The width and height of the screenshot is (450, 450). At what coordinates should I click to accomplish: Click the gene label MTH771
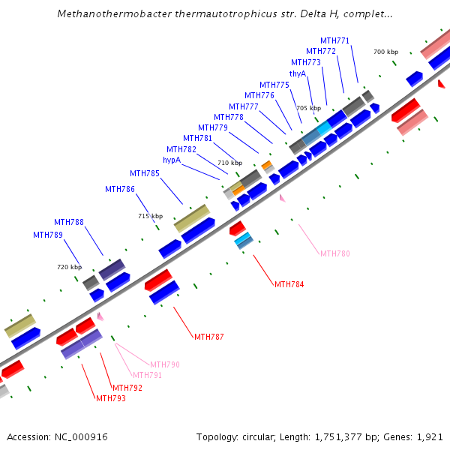tap(334, 40)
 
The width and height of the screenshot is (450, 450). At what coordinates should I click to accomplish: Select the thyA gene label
tap(298, 73)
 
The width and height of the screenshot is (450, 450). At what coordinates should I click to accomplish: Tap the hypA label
tap(172, 160)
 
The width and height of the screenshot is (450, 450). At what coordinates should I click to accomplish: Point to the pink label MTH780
tap(334, 254)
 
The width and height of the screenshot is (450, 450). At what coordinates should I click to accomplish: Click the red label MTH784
tap(289, 284)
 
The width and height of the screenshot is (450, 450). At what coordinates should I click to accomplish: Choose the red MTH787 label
tap(208, 337)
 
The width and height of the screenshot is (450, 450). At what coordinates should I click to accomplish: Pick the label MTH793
tap(110, 398)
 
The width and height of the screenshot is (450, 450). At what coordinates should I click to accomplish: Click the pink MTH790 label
tap(165, 364)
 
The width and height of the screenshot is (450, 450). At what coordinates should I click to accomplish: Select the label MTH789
tap(48, 235)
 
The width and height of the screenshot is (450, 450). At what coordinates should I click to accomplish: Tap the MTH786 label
tap(120, 189)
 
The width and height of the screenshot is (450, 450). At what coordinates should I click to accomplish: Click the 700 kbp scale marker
tap(385, 52)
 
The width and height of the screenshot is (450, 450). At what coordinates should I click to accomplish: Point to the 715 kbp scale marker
tap(150, 216)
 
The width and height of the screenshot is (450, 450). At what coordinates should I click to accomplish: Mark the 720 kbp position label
tap(69, 267)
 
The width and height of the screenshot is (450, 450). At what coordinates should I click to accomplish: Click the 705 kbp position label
tap(307, 108)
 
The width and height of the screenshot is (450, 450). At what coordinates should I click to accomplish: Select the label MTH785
tap(145, 174)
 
